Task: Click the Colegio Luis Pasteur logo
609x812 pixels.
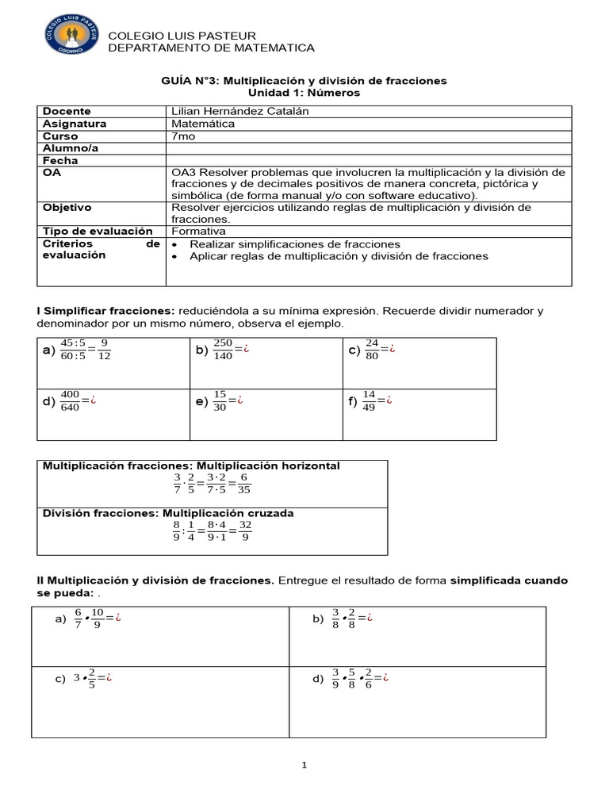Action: coord(72,37)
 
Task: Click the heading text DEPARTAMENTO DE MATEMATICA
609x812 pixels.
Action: coord(211,48)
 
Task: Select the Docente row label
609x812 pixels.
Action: coord(67,112)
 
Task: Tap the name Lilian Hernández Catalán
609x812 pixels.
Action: coord(239,112)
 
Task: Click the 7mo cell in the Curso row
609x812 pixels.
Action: coord(182,136)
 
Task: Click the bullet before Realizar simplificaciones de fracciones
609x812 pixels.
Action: coord(175,244)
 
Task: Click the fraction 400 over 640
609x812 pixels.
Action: coord(70,401)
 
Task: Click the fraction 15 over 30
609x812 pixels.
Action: coord(220,401)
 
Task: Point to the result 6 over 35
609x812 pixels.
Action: coord(244,484)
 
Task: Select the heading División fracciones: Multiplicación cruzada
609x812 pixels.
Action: coord(168,513)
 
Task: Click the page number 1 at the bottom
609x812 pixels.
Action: coord(304,765)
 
